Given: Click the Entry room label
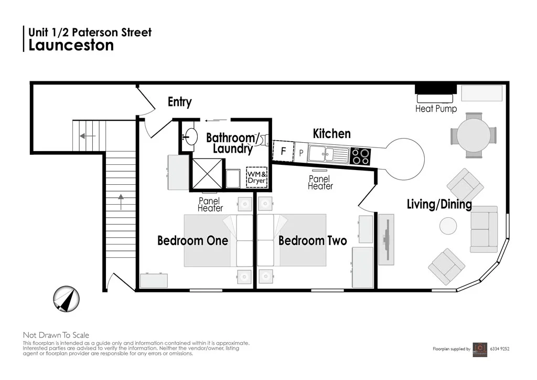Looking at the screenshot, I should point(179,102).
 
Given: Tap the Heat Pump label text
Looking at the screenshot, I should point(436,109).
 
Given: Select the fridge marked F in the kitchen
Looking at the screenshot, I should point(283,151).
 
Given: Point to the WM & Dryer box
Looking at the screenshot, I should point(256,177).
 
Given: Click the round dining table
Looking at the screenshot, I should point(473,135).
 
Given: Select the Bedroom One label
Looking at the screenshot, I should point(192,241).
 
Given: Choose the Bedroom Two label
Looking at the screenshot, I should point(313,241).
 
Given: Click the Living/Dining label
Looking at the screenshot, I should point(439,204).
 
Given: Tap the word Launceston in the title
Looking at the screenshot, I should point(71,45).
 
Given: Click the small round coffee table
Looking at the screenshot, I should point(449,226).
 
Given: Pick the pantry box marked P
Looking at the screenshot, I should point(301,153).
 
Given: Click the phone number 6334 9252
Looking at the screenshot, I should point(500,349).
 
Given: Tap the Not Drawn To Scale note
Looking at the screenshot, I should point(56,335).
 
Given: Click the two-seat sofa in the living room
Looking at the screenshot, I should point(484,229).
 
